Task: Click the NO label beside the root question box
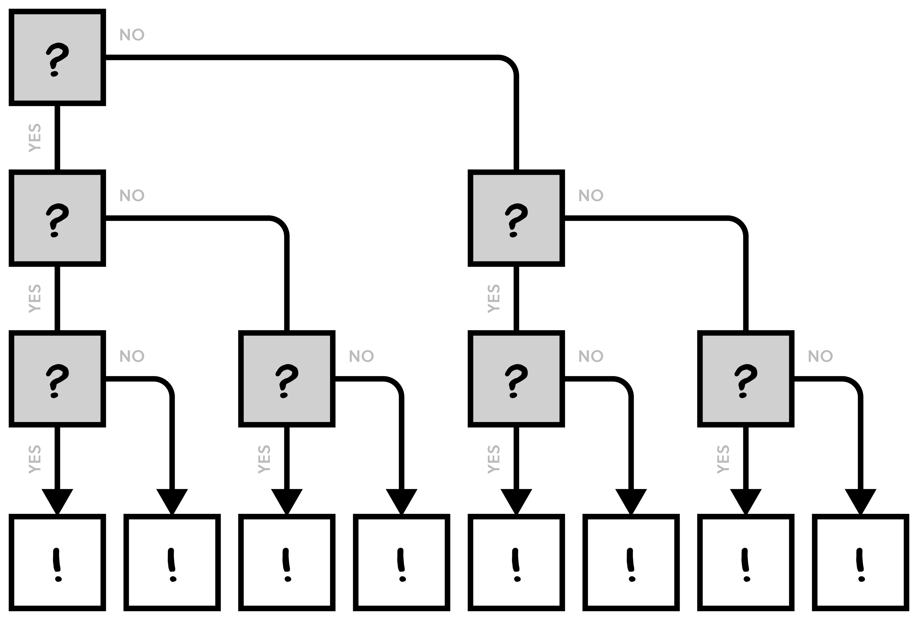pos(132,35)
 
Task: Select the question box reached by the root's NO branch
pos(516,218)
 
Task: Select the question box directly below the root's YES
pos(57,218)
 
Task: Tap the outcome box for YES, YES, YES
pos(57,562)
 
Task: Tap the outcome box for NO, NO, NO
pos(860,562)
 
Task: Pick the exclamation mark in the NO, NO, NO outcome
pos(860,565)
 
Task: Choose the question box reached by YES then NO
pos(287,379)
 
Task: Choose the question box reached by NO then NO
pos(746,379)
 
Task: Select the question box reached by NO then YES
pos(516,379)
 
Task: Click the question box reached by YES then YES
pos(57,379)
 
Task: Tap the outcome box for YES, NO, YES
pos(287,562)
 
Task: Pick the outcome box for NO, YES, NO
pos(631,562)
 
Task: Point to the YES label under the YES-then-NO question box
pos(264,459)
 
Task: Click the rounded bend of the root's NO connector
pos(511,63)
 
